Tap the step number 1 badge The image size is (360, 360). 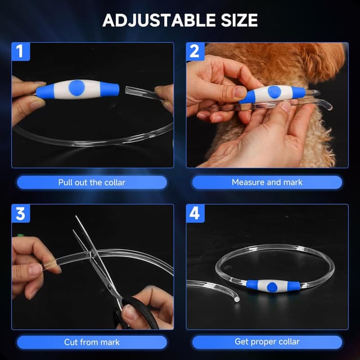[20, 52]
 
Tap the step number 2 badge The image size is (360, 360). [195, 52]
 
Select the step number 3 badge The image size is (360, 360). [20, 214]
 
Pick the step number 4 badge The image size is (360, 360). [195, 214]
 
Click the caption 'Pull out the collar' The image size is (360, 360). [92, 182]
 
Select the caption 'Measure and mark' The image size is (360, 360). [267, 182]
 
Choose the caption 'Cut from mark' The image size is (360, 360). [92, 342]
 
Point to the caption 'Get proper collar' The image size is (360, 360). [267, 342]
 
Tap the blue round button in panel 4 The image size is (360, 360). [273, 286]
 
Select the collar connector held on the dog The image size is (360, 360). [273, 93]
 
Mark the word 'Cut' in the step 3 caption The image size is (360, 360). [71, 342]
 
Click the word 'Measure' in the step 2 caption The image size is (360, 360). [247, 182]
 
